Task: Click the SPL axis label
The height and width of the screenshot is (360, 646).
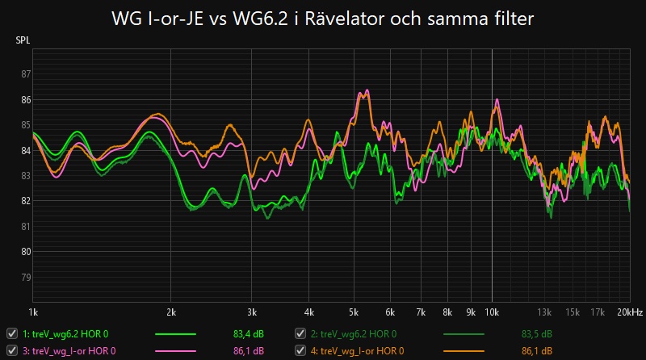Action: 23,39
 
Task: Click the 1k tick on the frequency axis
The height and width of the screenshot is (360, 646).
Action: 33,311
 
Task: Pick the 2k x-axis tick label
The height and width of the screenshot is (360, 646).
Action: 171,311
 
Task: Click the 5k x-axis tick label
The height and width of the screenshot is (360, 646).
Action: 354,311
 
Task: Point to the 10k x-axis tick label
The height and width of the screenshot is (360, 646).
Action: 492,311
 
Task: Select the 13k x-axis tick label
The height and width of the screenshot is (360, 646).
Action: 545,311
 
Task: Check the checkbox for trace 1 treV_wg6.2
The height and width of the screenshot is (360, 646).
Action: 12,333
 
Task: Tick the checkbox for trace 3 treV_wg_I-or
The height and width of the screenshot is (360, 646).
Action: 12,350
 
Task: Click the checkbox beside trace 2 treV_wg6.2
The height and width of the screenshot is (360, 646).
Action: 300,333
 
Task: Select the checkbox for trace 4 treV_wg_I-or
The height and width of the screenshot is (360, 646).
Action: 300,350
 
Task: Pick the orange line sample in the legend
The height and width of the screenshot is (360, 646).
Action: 464,350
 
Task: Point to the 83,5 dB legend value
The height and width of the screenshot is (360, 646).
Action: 536,333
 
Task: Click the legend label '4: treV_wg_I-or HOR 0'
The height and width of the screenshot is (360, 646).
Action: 362,350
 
